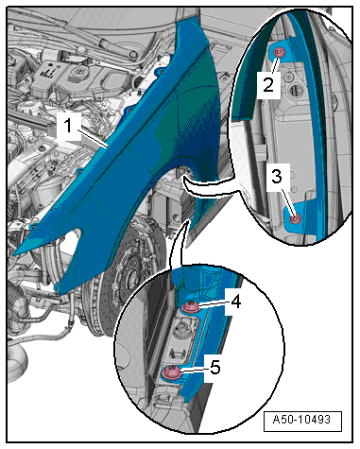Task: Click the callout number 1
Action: click(x=68, y=126)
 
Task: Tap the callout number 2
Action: click(x=268, y=85)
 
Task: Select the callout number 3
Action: click(x=277, y=177)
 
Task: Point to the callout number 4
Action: click(x=236, y=302)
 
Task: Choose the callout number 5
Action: click(x=214, y=367)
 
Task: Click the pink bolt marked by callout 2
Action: click(x=279, y=52)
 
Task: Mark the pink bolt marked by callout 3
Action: click(x=295, y=219)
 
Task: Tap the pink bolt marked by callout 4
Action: click(x=191, y=306)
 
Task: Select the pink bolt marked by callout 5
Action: click(x=172, y=372)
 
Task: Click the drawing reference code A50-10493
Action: click(x=301, y=420)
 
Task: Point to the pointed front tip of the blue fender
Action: click(x=15, y=253)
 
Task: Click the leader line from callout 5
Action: click(x=191, y=370)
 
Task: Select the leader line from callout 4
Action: click(x=211, y=303)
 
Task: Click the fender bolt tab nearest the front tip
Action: click(x=32, y=226)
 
